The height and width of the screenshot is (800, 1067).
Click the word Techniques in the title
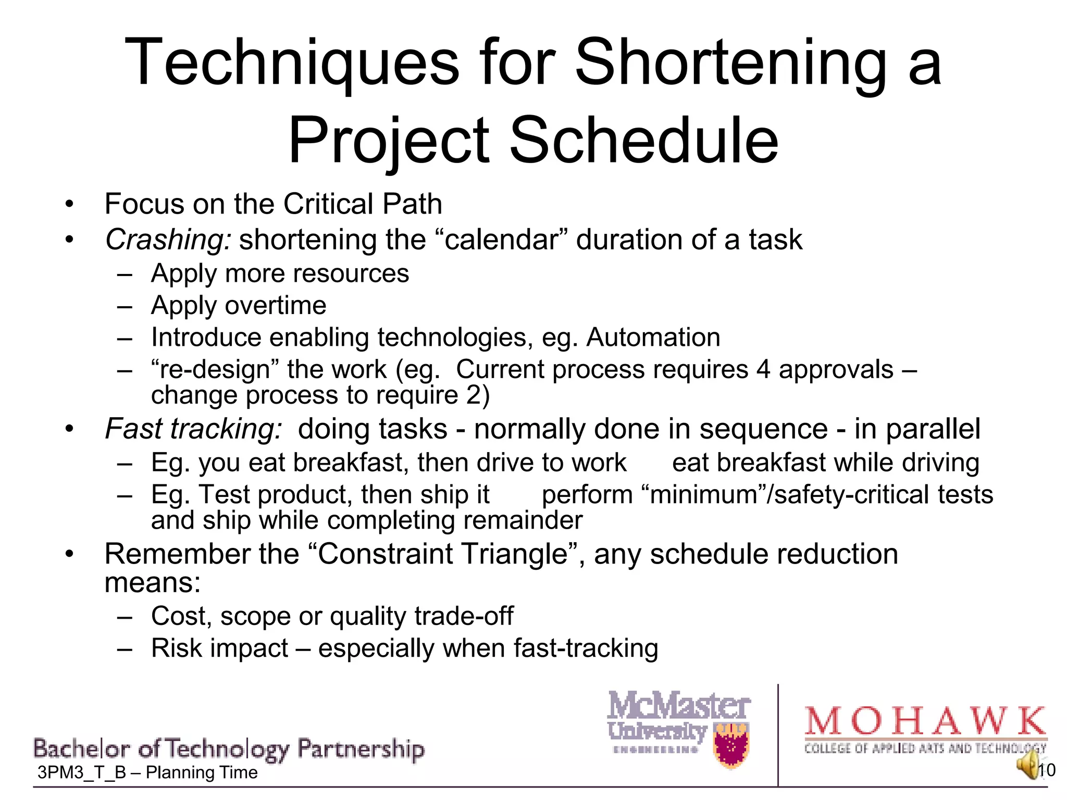tap(292, 64)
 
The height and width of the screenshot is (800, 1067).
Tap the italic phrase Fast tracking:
tap(193, 429)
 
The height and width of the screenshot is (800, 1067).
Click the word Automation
tap(653, 337)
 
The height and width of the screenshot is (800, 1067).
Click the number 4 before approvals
tap(763, 370)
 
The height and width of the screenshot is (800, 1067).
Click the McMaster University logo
tap(678, 724)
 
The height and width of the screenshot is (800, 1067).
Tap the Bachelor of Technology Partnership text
tap(229, 749)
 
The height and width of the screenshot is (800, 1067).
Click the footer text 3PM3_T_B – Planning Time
tap(147, 773)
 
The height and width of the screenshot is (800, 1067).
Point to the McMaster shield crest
tap(732, 745)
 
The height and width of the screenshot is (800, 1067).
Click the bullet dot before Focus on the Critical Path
tap(70, 205)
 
